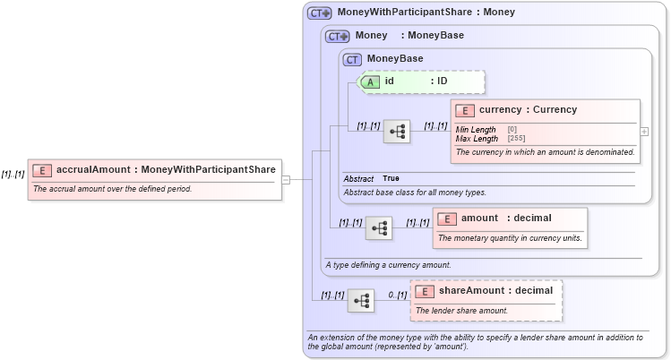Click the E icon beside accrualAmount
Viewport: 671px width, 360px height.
pyautogui.click(x=41, y=169)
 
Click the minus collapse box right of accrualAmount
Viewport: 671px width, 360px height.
pyautogui.click(x=286, y=179)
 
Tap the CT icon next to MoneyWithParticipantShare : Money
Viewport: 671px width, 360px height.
pyautogui.click(x=319, y=13)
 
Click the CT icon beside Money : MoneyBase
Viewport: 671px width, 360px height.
pyautogui.click(x=337, y=37)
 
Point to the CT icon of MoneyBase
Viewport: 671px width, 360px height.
pyautogui.click(x=353, y=59)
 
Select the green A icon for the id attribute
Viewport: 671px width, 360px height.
pyautogui.click(x=371, y=81)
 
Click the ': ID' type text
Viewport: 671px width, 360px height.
pyautogui.click(x=439, y=81)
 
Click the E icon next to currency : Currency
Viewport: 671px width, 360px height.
pyautogui.click(x=465, y=110)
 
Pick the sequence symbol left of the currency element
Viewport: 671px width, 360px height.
pyautogui.click(x=397, y=131)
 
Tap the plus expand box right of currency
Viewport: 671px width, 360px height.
pyautogui.click(x=644, y=131)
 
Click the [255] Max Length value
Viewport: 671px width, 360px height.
pyautogui.click(x=516, y=139)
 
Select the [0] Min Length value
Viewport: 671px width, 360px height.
pyautogui.click(x=512, y=130)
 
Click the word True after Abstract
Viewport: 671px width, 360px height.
pyautogui.click(x=391, y=178)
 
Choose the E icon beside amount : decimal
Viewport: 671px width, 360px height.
pyautogui.click(x=447, y=219)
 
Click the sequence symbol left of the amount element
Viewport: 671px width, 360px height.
pyautogui.click(x=379, y=228)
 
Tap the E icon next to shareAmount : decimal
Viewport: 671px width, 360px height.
pyautogui.click(x=425, y=291)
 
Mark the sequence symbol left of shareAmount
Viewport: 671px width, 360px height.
pyautogui.click(x=361, y=301)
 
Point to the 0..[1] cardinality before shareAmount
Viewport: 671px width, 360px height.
pyautogui.click(x=397, y=295)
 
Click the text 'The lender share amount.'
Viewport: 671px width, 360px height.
pyautogui.click(x=461, y=311)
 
